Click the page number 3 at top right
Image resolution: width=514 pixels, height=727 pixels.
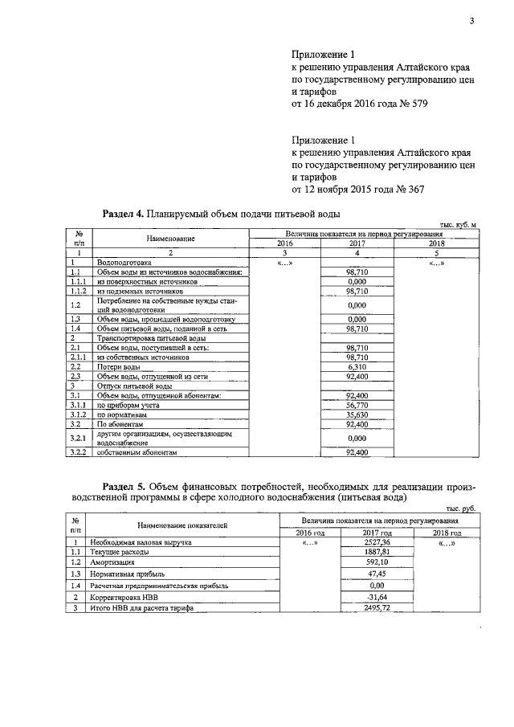472,22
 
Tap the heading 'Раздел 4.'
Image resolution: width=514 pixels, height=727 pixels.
124,214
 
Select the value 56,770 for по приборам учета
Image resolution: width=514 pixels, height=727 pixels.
357,406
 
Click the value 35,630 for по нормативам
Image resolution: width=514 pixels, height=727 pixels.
357,415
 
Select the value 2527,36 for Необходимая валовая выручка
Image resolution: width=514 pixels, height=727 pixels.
376,543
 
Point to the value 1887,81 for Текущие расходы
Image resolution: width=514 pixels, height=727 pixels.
377,553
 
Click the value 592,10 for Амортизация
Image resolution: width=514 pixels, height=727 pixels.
377,563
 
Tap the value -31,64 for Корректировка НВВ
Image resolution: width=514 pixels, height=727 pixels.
377,597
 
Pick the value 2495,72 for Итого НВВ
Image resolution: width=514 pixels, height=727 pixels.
376,609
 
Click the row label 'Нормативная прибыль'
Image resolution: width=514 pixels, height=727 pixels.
128,574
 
